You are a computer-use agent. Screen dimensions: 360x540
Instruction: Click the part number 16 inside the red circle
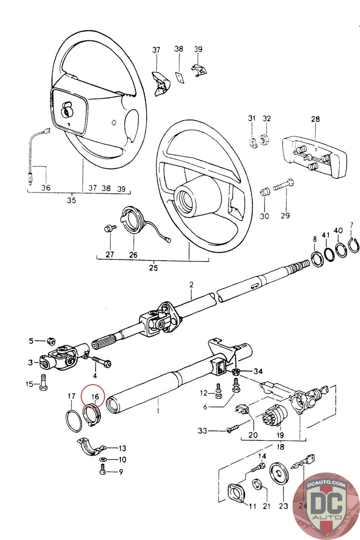point(95,396)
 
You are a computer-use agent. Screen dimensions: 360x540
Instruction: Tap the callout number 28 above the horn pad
point(315,119)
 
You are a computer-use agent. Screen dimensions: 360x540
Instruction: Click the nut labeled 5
point(51,341)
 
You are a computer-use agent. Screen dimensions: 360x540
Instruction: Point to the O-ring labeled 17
point(74,421)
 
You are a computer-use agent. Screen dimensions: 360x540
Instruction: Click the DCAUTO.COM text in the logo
point(326,484)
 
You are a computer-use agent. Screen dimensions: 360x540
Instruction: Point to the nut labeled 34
point(236,372)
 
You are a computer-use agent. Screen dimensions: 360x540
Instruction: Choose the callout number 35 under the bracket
point(71,200)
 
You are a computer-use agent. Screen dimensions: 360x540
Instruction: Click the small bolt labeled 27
point(110,228)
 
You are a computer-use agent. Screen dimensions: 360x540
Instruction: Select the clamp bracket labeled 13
point(91,446)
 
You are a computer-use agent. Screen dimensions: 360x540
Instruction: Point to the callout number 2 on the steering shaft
point(191,285)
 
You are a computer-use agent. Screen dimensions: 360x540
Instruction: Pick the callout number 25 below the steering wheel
point(153,268)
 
